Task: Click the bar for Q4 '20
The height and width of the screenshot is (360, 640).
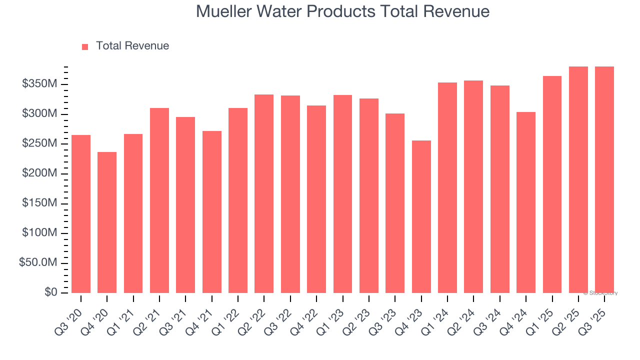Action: click(107, 222)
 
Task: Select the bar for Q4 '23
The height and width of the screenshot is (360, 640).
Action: click(421, 216)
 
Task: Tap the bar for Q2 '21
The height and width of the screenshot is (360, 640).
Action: click(159, 200)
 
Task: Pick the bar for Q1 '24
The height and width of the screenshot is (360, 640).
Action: click(447, 187)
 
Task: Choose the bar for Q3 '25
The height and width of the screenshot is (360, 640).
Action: click(604, 179)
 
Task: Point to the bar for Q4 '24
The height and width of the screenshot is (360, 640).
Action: click(526, 202)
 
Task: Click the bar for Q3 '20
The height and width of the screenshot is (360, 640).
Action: click(81, 214)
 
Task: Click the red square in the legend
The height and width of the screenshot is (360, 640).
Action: click(85, 46)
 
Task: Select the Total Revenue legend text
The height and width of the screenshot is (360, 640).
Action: click(132, 46)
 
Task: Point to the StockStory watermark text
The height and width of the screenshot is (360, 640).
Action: click(600, 293)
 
